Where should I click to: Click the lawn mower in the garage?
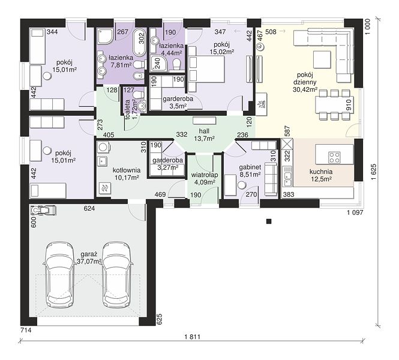coord(43,211)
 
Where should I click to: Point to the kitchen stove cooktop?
coord(334,157)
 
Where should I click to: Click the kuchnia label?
coord(321,172)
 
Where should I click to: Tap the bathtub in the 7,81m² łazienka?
coord(139,42)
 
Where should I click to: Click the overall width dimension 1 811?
coord(193,337)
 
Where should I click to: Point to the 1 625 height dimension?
coord(374,172)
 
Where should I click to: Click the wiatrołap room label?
coord(205,175)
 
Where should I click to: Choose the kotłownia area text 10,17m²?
coord(127,178)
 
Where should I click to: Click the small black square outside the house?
coord(269,221)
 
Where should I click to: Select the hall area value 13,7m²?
coord(204,139)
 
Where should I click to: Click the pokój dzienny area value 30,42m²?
coord(305,89)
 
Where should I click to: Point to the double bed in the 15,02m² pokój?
coord(206,69)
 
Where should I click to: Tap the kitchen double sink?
coord(288,176)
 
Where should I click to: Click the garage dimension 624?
coord(89,208)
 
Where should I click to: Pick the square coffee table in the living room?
coord(322,59)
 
